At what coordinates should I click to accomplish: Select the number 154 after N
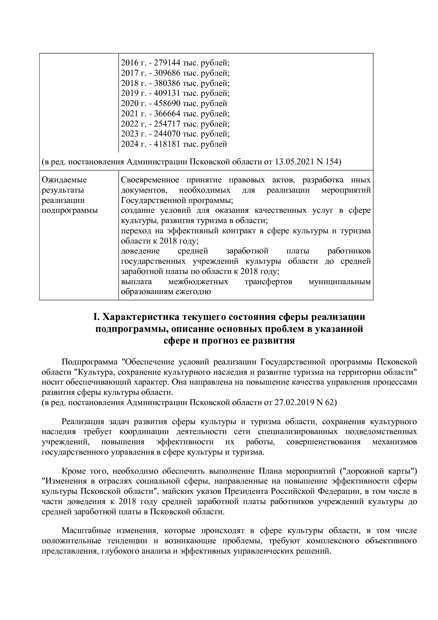coord(332,162)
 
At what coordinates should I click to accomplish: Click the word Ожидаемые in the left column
coord(64,180)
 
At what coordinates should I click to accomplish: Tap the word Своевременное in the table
coord(150,180)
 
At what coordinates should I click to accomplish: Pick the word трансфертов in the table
coord(268,282)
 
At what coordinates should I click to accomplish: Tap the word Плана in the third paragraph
coord(271,471)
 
